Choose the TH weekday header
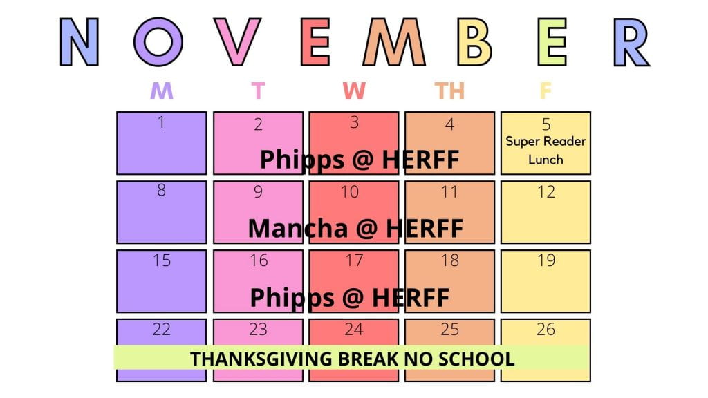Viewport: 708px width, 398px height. [x=449, y=91]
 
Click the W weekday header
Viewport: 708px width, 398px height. [x=353, y=91]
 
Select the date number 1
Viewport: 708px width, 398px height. [x=161, y=122]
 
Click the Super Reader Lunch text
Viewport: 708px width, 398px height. [x=546, y=150]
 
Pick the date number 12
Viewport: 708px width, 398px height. [x=546, y=192]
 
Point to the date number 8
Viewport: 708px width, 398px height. [x=161, y=190]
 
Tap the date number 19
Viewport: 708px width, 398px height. [x=546, y=260]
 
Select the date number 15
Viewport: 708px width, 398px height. [x=162, y=260]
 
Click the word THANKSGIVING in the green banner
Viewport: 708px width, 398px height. [x=261, y=359]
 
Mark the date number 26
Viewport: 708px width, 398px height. [x=546, y=330]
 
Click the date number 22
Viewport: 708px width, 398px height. [x=162, y=330]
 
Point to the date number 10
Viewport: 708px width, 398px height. [x=349, y=192]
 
